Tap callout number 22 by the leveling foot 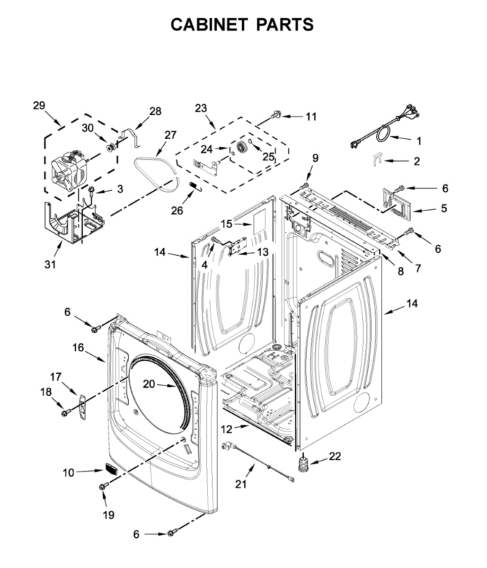tap(335, 456)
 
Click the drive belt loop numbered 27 tap(156, 166)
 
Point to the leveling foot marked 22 tap(302, 463)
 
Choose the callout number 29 tap(39, 105)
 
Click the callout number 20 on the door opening tap(149, 384)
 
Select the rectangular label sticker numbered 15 tap(258, 223)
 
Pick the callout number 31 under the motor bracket tap(50, 264)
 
